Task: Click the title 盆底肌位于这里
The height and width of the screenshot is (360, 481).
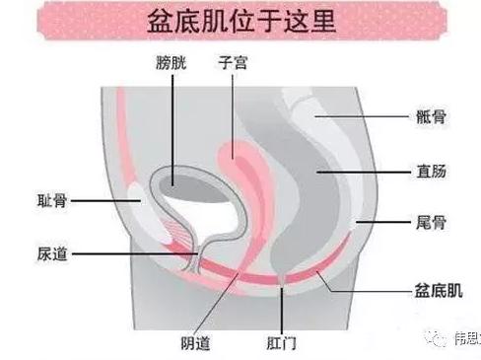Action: point(241,22)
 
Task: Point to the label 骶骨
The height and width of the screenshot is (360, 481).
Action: point(432,117)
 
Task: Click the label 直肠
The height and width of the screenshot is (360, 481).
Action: point(432,171)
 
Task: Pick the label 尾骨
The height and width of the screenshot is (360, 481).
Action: point(432,224)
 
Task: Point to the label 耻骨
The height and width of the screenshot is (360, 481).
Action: point(50,199)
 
